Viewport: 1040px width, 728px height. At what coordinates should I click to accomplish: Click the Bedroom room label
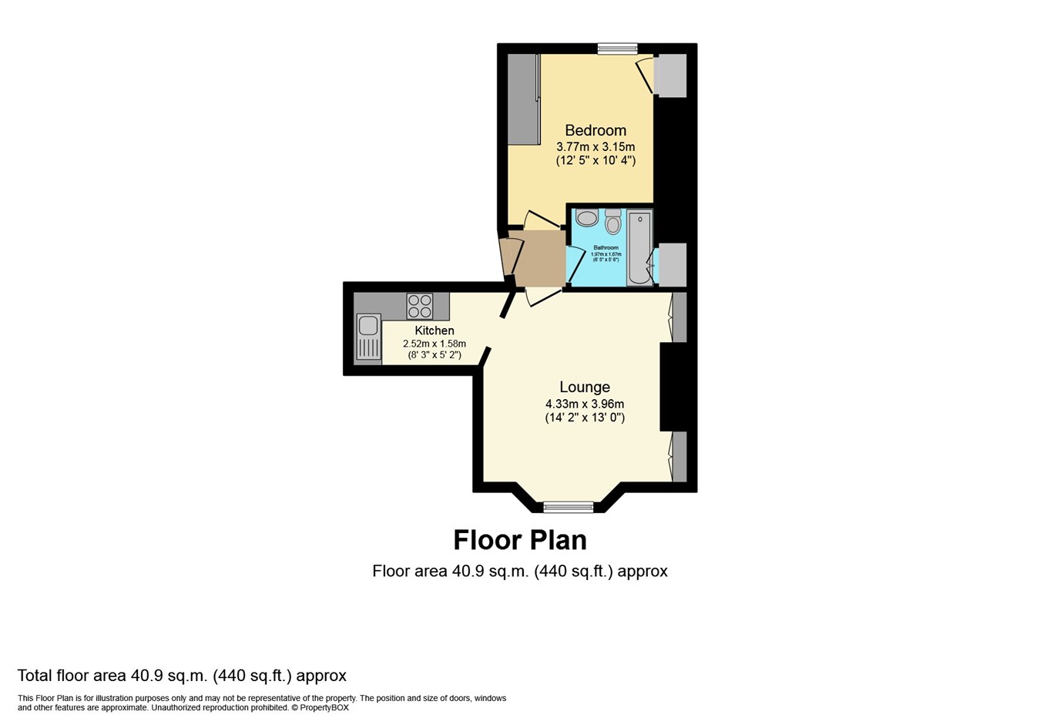coord(595,130)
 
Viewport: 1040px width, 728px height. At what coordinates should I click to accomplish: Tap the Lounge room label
coord(584,387)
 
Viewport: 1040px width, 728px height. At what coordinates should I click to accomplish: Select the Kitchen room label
coord(434,330)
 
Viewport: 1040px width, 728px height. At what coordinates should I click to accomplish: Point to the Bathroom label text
coord(606,248)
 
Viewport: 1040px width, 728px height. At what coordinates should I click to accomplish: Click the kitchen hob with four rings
coord(420,306)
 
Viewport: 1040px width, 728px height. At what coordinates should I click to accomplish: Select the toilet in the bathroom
coord(613,222)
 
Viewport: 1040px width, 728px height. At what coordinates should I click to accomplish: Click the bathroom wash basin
coord(587,219)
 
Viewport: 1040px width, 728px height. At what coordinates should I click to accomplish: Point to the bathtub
coord(639,247)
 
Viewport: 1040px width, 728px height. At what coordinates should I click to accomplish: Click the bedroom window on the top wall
coord(617,49)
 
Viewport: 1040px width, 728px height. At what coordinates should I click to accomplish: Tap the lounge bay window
coord(569,507)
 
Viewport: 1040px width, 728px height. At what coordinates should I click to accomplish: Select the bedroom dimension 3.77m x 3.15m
coord(595,146)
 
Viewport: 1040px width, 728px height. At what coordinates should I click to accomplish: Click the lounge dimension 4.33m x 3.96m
coord(584,404)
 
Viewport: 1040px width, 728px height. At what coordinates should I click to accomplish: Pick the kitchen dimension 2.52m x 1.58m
coord(434,344)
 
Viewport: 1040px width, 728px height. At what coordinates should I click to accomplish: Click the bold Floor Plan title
coord(520,540)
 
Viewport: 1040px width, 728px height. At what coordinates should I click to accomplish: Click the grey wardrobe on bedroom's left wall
coord(522,99)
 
